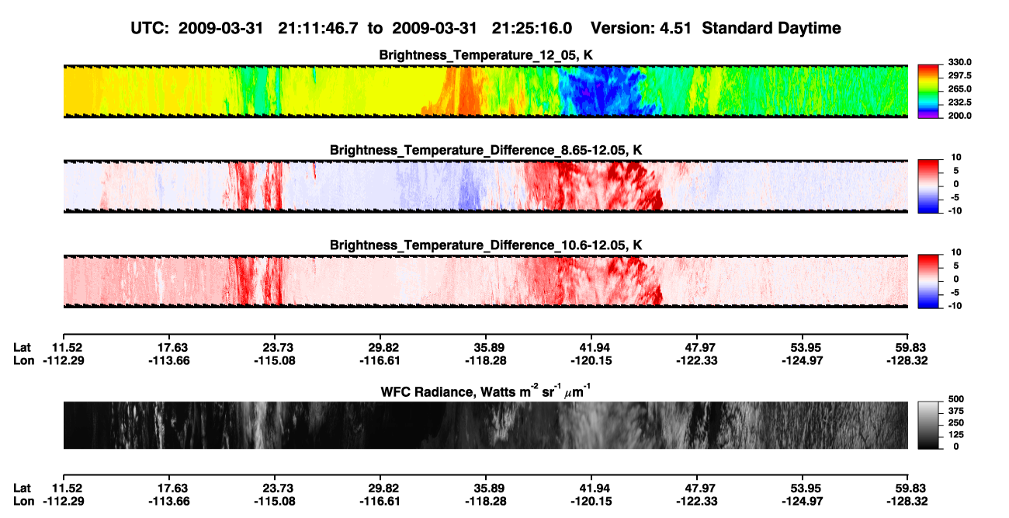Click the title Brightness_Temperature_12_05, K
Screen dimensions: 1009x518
pyautogui.click(x=486, y=55)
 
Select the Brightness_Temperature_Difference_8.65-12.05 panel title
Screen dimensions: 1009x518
pyautogui.click(x=486, y=150)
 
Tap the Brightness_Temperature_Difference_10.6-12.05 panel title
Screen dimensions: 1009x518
pyautogui.click(x=486, y=245)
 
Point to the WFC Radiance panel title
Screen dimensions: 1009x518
pyautogui.click(x=486, y=391)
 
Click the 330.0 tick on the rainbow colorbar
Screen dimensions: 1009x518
pyautogui.click(x=959, y=62)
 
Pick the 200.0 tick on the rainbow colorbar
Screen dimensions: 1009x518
pyautogui.click(x=959, y=116)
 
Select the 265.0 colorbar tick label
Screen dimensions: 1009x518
pyautogui.click(x=959, y=89)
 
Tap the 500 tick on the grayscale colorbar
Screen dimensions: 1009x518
pyautogui.click(x=956, y=399)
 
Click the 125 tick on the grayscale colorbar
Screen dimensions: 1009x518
pyautogui.click(x=956, y=435)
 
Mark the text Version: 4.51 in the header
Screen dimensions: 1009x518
pyautogui.click(x=641, y=28)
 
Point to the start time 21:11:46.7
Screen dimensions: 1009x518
pyautogui.click(x=318, y=28)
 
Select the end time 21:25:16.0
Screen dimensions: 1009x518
pyautogui.click(x=532, y=28)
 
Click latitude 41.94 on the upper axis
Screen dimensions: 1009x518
pyautogui.click(x=591, y=348)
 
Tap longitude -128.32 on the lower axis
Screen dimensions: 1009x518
pyautogui.click(x=907, y=502)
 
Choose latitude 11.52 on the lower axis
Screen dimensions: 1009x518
pyautogui.click(x=64, y=488)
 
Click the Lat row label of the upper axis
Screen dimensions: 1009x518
pyautogui.click(x=22, y=348)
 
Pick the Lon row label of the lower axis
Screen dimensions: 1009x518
pyautogui.click(x=23, y=502)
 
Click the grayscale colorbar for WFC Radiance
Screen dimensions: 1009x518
pyautogui.click(x=928, y=425)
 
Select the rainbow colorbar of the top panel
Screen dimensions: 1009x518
pyautogui.click(x=928, y=92)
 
